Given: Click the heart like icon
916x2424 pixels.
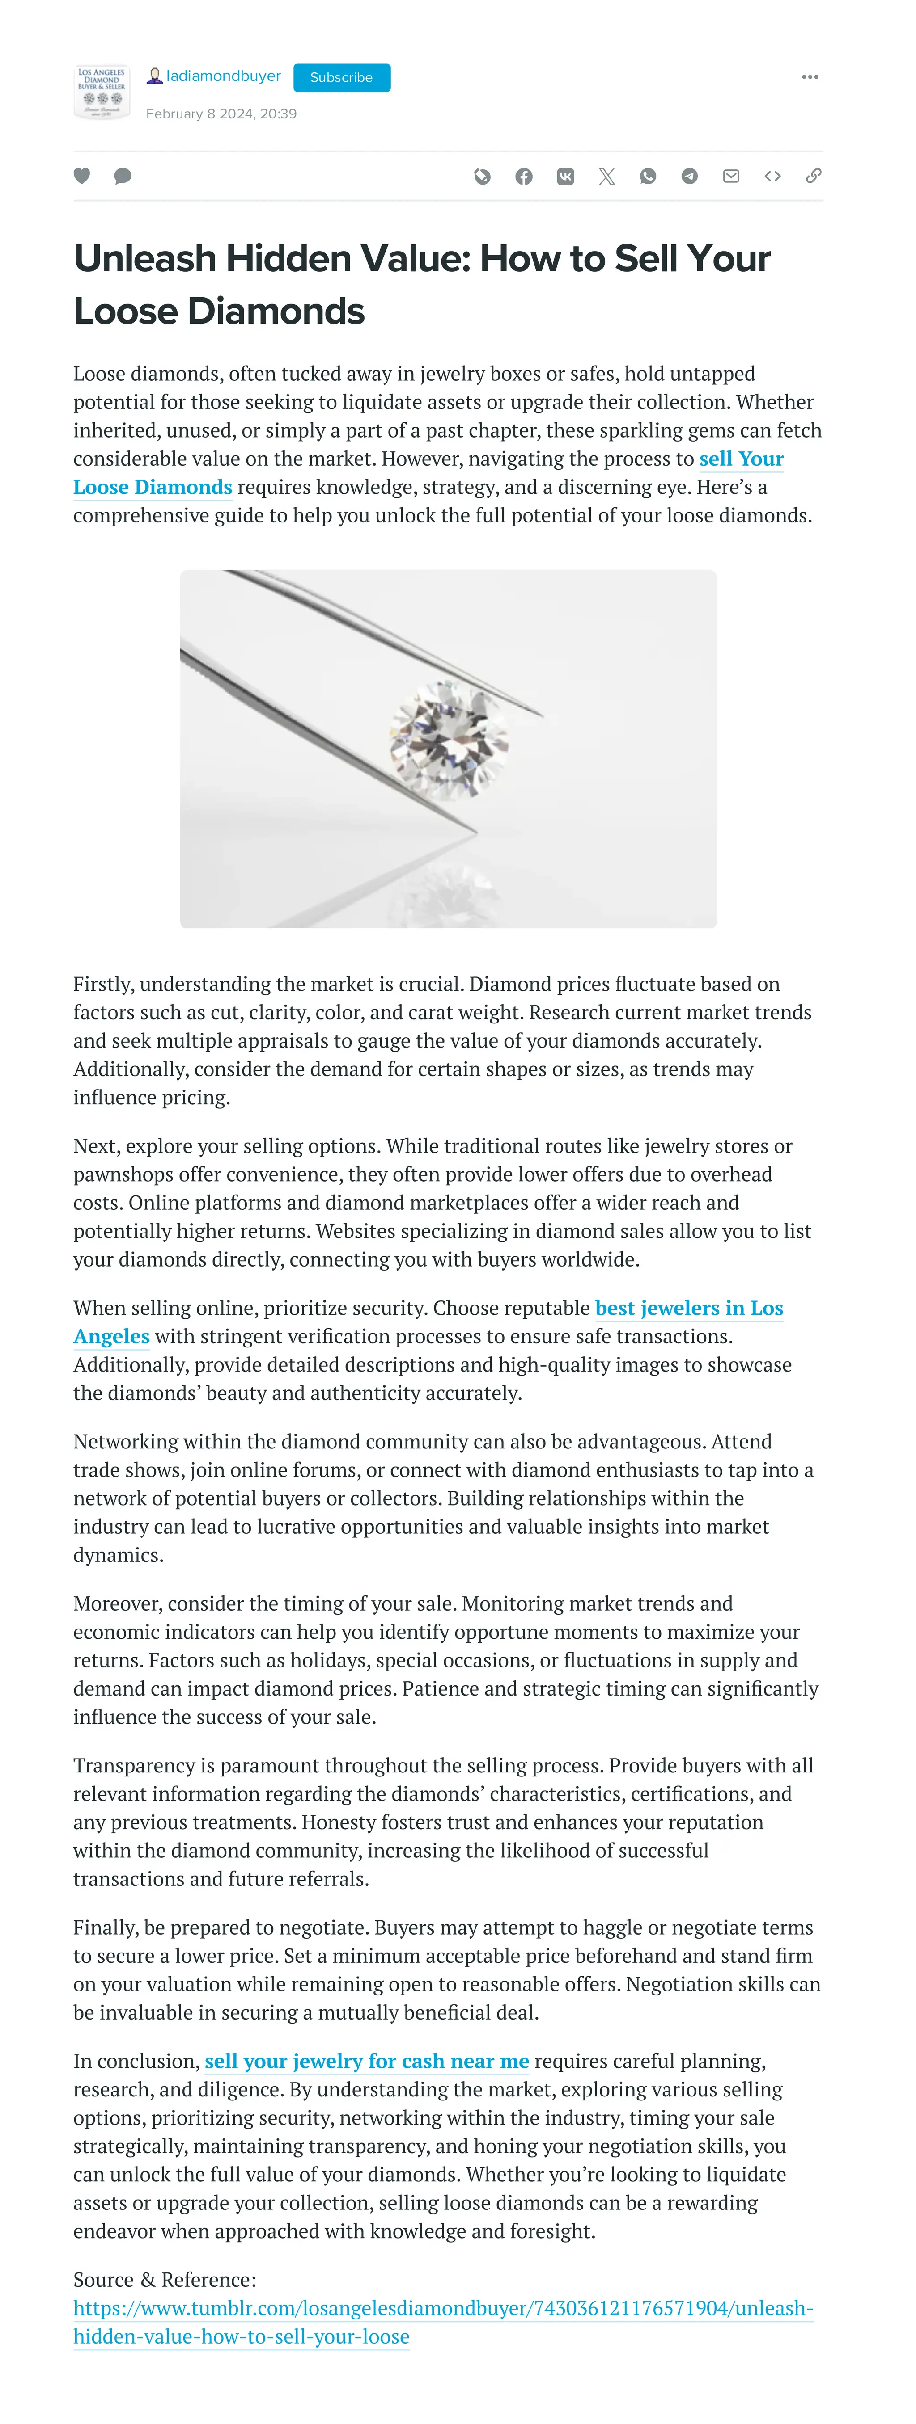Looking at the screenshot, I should [82, 176].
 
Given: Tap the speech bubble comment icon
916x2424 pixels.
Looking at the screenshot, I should [123, 176].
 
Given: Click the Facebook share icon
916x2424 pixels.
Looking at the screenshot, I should [523, 176].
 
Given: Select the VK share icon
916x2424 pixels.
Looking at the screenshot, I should [565, 176].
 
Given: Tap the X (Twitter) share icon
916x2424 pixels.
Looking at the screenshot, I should [606, 176].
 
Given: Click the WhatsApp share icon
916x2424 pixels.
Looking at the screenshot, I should [648, 176].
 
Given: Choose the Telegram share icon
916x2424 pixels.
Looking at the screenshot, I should [689, 176].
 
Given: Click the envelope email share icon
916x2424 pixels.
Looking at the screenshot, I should [730, 176].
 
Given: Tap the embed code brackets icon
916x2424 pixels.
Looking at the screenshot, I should [772, 176].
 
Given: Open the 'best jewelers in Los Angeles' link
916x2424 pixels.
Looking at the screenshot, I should [688, 1308].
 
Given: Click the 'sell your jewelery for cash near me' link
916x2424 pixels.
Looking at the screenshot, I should [366, 2061].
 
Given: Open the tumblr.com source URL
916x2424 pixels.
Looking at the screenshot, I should [442, 2308].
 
